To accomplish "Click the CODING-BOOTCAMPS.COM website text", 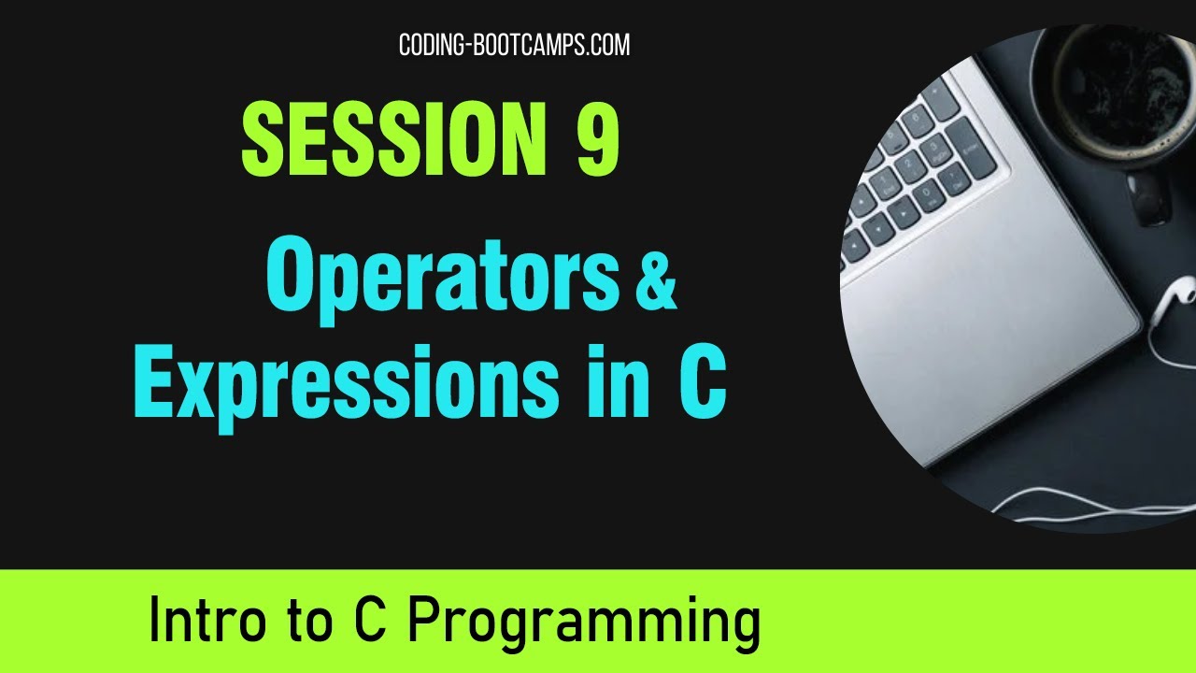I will point(514,45).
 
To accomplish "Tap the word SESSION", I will point(393,139).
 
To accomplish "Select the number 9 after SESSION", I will point(597,139).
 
